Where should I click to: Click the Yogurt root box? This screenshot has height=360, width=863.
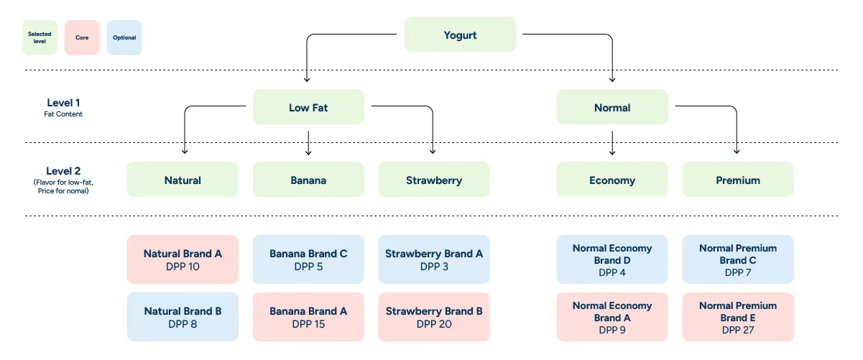(x=460, y=34)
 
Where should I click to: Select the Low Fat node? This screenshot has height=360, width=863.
(x=308, y=108)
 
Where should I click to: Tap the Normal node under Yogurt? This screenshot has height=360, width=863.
(x=612, y=108)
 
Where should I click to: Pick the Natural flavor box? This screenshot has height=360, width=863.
(x=183, y=180)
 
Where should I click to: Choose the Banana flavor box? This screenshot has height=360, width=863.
(x=308, y=180)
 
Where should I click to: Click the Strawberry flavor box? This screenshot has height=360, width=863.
(x=433, y=180)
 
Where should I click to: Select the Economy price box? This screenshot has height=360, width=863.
(x=612, y=180)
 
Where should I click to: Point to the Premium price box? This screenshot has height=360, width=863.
(x=738, y=180)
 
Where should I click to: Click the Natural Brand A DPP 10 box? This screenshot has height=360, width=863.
(x=183, y=259)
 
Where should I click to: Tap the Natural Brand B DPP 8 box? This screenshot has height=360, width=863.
(x=183, y=317)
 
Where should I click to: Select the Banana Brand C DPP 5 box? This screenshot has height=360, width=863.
(x=308, y=259)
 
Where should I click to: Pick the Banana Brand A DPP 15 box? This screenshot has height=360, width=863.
(x=308, y=317)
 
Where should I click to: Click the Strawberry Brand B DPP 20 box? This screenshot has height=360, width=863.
(x=433, y=317)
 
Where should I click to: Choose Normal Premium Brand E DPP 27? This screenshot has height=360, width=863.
(x=738, y=317)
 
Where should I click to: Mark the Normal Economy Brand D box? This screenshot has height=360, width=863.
(x=612, y=259)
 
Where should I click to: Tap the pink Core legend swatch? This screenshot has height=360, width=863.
(x=82, y=37)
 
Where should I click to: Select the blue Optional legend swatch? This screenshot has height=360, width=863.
(x=124, y=37)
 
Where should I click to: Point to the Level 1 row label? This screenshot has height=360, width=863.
(x=63, y=107)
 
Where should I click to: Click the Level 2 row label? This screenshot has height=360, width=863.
(x=63, y=176)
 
